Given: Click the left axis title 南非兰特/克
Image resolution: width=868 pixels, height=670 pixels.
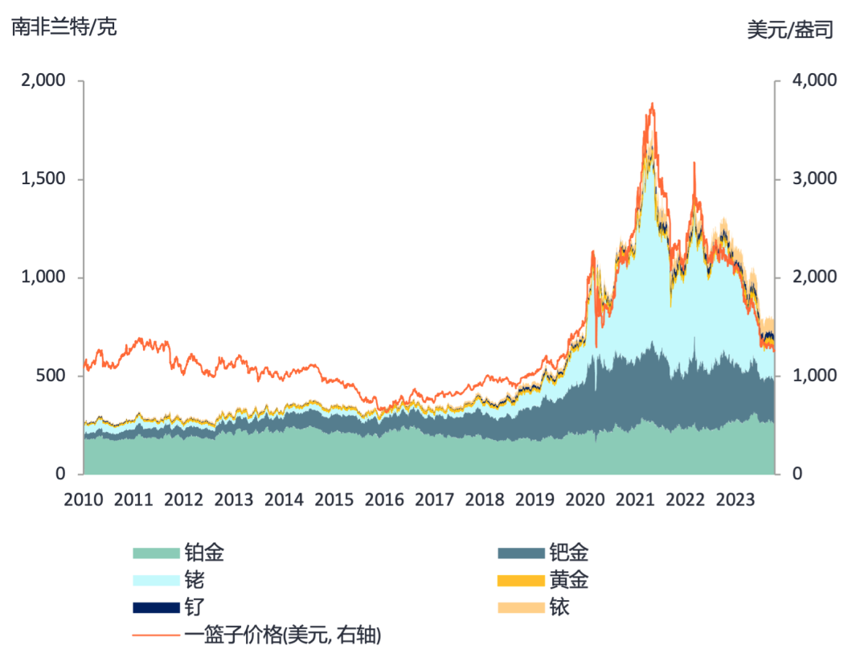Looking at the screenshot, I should [x=64, y=27].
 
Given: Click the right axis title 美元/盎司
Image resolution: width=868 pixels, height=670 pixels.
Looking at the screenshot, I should [x=791, y=31].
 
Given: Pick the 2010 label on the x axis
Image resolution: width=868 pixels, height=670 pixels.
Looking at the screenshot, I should [x=84, y=499].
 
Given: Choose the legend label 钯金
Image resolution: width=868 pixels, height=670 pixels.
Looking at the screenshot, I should [x=569, y=553].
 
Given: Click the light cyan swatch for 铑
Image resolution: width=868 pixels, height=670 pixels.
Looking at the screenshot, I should [x=156, y=580].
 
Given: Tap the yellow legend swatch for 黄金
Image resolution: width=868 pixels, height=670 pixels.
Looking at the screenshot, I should [x=521, y=580].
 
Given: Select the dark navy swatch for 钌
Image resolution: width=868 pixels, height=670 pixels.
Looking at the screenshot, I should [x=156, y=607].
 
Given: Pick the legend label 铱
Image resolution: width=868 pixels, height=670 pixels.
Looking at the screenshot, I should [x=559, y=607].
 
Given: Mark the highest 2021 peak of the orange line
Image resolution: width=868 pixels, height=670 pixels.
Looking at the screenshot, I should [x=652, y=104].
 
